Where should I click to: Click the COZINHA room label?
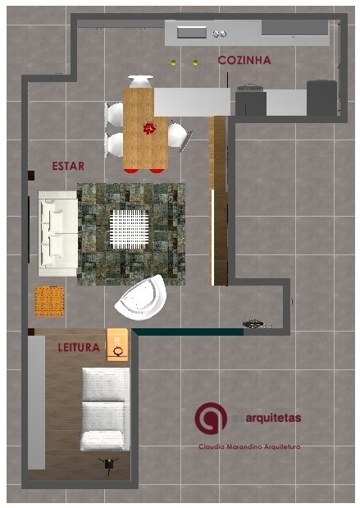244,61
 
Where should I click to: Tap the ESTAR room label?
68,166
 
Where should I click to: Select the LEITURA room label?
79,347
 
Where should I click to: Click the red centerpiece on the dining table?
149,128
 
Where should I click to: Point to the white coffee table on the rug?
128,229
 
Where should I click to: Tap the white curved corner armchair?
141,298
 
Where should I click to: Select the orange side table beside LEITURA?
117,344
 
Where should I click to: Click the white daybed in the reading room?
105,408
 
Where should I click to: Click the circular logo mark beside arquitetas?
211,418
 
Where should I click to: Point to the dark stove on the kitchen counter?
250,88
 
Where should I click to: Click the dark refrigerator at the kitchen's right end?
321,98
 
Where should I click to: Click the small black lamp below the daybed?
107,463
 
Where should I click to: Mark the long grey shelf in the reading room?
36,402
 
